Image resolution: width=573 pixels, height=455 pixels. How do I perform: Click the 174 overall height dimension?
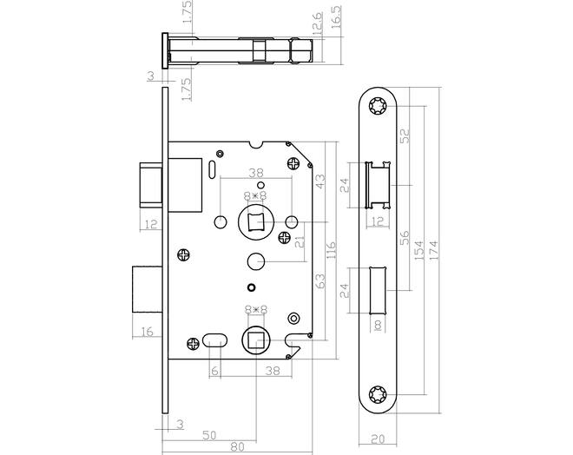[433, 250]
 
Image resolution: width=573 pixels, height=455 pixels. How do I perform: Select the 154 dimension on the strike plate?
[418, 250]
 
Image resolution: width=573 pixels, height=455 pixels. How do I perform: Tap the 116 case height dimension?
[331, 250]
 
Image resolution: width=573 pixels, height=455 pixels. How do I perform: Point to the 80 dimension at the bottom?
[238, 446]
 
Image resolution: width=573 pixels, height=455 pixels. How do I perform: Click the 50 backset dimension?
[209, 435]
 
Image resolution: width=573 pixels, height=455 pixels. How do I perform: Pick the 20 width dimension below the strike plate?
[377, 439]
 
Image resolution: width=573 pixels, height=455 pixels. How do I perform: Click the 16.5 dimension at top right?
[336, 16]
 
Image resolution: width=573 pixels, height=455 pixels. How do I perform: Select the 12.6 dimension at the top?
[318, 23]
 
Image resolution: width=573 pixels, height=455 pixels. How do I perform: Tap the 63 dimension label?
[320, 281]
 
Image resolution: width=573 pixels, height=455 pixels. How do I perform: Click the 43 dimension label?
[320, 181]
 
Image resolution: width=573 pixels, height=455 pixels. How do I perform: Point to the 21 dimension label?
[300, 242]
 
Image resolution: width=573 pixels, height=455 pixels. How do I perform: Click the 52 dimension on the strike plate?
[405, 136]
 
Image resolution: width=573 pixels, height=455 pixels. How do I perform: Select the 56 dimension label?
[405, 238]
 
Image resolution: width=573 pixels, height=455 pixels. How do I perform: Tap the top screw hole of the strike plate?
[377, 106]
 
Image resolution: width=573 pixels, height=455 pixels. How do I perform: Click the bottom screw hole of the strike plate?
[377, 395]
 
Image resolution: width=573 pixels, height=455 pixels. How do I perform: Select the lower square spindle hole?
[256, 340]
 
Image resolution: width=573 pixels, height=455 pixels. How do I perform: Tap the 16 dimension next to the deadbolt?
[147, 332]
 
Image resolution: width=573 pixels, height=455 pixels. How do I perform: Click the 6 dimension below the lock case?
[215, 372]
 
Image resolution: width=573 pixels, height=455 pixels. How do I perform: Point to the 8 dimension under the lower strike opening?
[378, 325]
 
